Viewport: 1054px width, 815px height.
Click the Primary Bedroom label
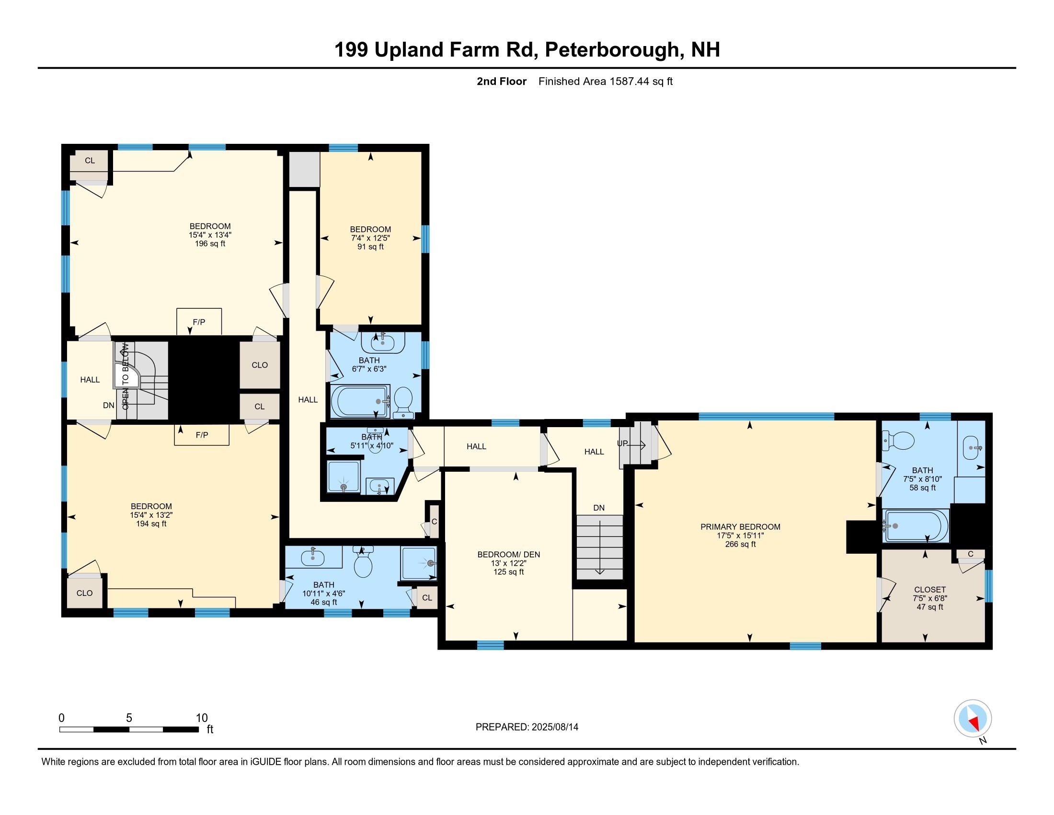tap(740, 527)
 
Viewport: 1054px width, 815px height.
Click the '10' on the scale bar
tap(201, 718)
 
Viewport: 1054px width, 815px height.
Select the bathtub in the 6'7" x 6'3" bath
tap(359, 401)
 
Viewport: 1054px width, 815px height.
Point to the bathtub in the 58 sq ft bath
tap(915, 526)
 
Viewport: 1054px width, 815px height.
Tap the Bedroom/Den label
tap(508, 554)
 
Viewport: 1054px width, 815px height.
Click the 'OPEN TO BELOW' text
tap(126, 377)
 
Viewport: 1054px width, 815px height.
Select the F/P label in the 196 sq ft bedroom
tap(199, 322)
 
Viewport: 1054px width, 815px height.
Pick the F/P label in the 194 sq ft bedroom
tap(202, 435)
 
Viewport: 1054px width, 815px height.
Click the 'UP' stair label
tap(623, 443)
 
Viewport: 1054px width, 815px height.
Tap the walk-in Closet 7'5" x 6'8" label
tap(929, 590)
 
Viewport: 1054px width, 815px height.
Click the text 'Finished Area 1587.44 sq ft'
tap(605, 81)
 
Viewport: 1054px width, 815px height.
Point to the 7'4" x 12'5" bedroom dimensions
tap(370, 238)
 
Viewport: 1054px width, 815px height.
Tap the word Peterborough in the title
tap(611, 50)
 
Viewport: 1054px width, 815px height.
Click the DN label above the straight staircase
tap(598, 507)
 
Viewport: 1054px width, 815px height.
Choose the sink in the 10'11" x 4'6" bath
tap(313, 558)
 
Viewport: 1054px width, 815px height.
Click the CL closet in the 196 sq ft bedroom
tap(90, 160)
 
